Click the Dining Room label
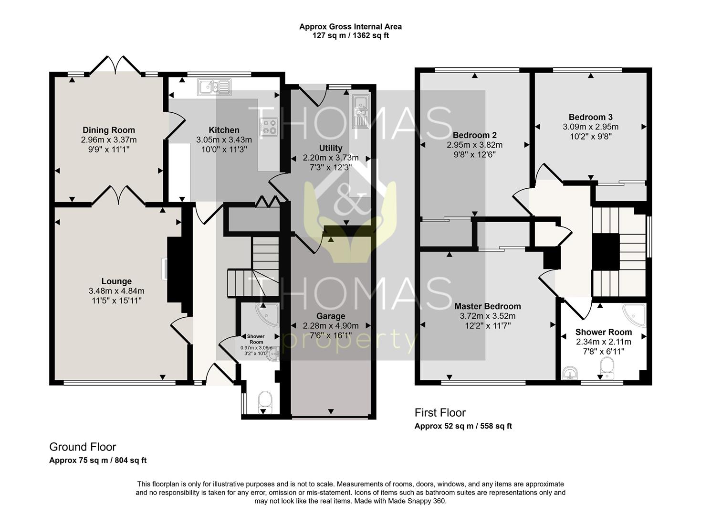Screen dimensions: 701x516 (x=109, y=130)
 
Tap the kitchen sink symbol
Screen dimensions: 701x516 (x=214, y=87)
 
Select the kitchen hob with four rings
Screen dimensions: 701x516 (x=269, y=127)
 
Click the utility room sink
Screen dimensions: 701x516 (x=361, y=112)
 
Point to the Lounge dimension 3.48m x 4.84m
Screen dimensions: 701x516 (x=116, y=291)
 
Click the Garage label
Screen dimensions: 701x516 (x=331, y=316)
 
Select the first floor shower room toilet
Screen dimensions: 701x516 (x=607, y=368)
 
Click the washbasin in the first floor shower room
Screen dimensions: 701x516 (x=570, y=374)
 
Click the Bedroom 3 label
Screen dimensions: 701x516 (x=591, y=117)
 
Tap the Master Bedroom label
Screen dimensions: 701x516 (x=488, y=306)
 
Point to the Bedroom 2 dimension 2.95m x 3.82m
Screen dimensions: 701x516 (x=475, y=145)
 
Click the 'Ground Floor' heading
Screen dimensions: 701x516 (x=83, y=447)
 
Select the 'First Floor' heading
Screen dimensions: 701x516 (x=440, y=413)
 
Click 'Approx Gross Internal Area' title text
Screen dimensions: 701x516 (x=350, y=27)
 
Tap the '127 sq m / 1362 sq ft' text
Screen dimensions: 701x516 (x=350, y=36)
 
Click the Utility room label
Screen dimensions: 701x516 (x=331, y=148)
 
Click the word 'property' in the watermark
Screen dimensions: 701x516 (x=350, y=343)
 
